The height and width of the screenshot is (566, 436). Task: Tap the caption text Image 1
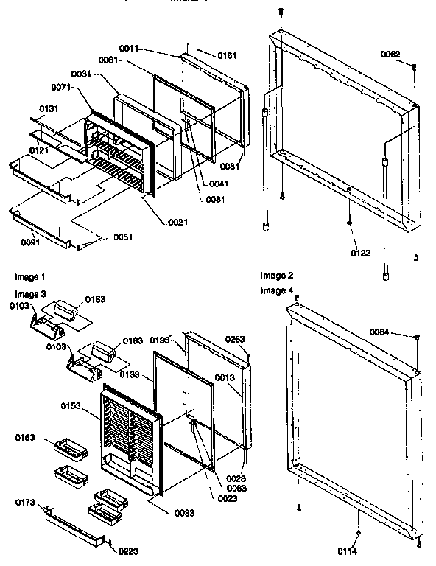(x=29, y=277)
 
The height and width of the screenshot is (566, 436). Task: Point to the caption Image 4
(x=275, y=290)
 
